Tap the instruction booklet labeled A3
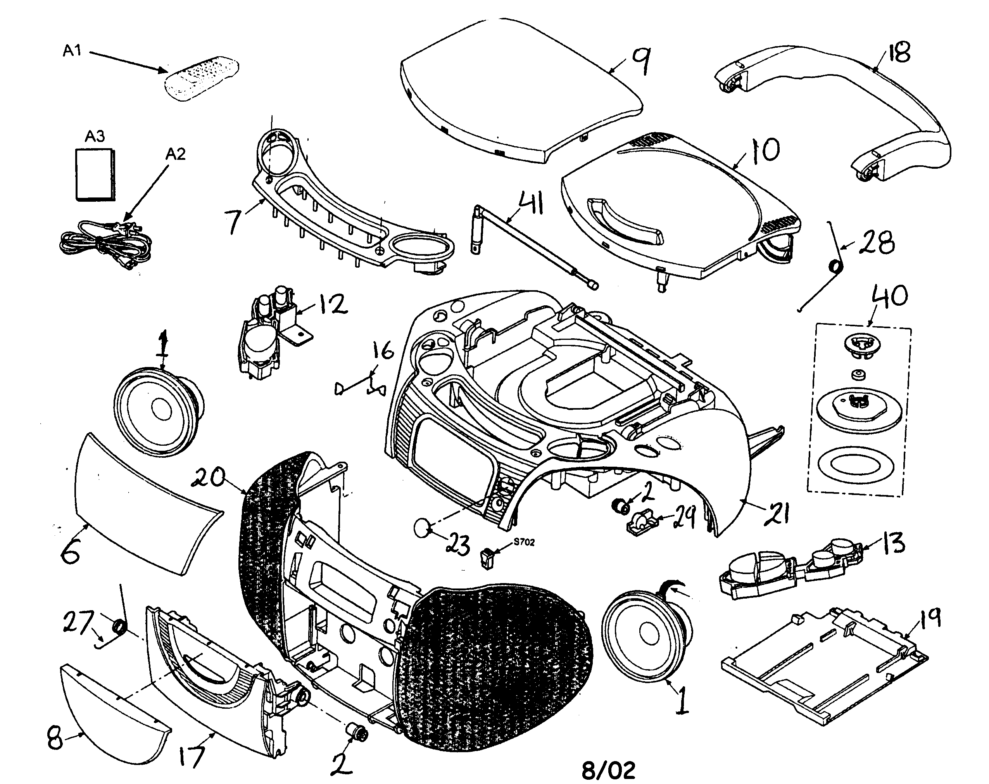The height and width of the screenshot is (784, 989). (x=95, y=175)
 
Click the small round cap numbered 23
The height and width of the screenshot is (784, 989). (x=423, y=528)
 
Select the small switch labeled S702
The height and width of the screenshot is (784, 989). (x=486, y=559)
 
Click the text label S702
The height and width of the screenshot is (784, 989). (x=524, y=542)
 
